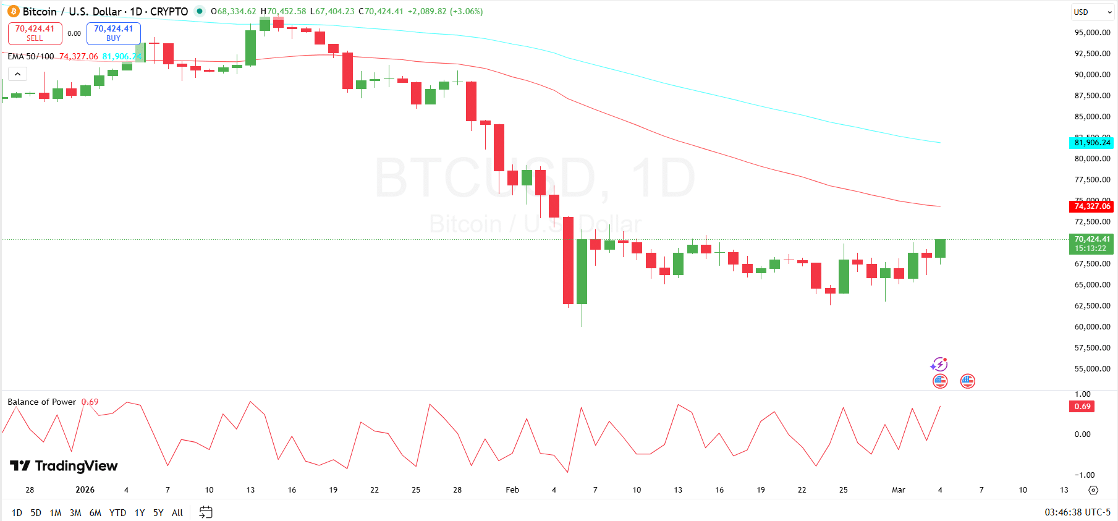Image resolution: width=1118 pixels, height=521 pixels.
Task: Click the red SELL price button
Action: [x=35, y=33]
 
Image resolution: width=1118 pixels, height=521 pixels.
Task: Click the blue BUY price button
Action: [x=113, y=33]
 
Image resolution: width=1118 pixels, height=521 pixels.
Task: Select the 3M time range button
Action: [x=75, y=512]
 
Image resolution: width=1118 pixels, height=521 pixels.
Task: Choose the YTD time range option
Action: [x=117, y=512]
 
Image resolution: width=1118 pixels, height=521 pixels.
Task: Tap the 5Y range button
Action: [x=158, y=512]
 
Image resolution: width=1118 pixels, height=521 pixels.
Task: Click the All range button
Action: [x=177, y=512]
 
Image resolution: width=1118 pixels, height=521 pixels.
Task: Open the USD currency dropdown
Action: [x=1091, y=12]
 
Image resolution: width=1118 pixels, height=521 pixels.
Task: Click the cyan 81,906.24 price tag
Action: [x=1091, y=143]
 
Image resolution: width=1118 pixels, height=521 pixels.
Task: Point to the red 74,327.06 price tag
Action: [x=1091, y=206]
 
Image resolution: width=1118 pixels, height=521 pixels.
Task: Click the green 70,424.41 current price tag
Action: [x=1091, y=244]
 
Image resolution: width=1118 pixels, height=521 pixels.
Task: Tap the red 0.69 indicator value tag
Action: [x=1082, y=407]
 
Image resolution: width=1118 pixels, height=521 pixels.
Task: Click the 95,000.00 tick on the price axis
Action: [x=1092, y=33]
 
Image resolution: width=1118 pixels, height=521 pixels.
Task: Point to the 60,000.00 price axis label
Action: [x=1092, y=327]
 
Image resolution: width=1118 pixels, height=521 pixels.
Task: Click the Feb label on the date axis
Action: [x=512, y=490]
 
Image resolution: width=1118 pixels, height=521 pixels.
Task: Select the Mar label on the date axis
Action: [x=898, y=490]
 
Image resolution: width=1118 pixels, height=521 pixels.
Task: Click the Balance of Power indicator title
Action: [x=41, y=402]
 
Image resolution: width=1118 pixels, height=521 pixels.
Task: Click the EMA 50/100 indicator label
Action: [x=31, y=56]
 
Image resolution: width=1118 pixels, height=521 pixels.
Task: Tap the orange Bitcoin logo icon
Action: [x=14, y=12]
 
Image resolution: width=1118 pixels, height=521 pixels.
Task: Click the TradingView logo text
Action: [x=64, y=466]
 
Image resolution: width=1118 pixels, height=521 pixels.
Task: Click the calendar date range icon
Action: [x=206, y=512]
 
